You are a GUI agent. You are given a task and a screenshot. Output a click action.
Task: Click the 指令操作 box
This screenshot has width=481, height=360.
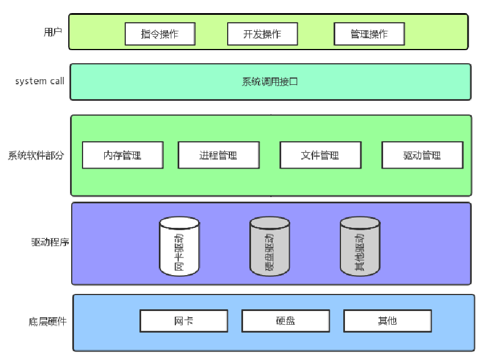click(160, 34)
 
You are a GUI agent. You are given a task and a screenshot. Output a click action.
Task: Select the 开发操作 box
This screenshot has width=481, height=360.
click(262, 34)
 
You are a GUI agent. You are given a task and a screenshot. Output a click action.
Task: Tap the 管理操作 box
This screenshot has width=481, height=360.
click(369, 34)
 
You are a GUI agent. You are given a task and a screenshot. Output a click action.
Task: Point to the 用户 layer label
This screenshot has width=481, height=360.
click(52, 32)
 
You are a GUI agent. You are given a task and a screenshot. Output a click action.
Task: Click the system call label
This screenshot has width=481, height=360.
click(39, 81)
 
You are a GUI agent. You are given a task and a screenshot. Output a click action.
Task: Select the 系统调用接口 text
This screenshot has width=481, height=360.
click(270, 81)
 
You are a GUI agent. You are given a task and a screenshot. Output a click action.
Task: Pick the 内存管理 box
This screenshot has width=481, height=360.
click(122, 155)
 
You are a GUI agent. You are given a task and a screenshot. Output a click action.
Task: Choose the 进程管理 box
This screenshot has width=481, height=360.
click(218, 155)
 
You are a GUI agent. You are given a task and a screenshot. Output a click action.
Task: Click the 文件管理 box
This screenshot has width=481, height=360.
click(320, 155)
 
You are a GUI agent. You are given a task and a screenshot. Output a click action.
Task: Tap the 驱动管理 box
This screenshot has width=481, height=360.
click(422, 155)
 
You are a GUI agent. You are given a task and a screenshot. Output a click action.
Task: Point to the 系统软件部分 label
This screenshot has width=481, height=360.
click(36, 155)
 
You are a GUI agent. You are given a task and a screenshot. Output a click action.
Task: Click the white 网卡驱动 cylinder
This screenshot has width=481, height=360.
click(179, 246)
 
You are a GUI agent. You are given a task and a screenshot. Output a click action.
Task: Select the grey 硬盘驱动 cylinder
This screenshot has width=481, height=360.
click(269, 246)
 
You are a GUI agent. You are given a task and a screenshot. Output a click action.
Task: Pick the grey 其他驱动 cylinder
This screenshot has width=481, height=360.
click(360, 246)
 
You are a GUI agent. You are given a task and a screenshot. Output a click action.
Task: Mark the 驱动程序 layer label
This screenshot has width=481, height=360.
click(50, 242)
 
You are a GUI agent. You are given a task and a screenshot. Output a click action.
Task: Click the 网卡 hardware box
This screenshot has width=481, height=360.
click(183, 321)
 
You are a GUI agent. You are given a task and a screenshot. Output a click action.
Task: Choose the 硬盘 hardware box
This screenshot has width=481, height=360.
click(285, 321)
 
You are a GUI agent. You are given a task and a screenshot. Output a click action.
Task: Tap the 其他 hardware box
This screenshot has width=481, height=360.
click(387, 321)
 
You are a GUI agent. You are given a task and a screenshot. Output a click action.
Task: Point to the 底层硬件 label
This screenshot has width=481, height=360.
click(47, 321)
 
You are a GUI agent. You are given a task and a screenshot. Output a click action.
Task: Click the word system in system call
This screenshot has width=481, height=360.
click(31, 81)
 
